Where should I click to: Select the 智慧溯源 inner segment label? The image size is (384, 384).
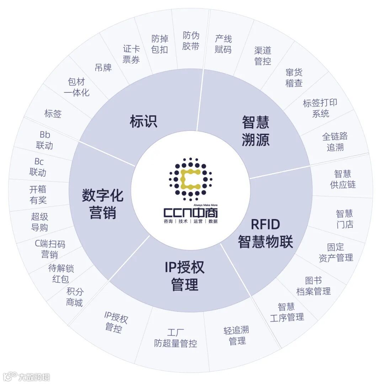point(255,130)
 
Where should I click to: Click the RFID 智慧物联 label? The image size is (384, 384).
point(265,233)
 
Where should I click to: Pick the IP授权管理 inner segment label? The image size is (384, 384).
point(185,276)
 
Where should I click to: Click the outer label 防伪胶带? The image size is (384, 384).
point(191,41)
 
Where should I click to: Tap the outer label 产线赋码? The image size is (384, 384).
point(223,44)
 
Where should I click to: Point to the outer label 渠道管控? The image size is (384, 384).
point(263,56)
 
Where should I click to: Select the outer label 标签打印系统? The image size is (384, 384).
point(320,108)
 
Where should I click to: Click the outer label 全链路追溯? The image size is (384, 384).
point(335,142)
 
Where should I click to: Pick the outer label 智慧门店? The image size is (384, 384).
point(345,219)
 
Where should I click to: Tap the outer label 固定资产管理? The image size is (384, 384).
point(336,252)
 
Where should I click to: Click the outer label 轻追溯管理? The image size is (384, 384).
point(236,335)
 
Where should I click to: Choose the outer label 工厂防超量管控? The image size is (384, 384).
point(176,338)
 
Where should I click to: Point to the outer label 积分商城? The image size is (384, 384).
point(74,297)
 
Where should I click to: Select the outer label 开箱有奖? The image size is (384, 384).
point(38,194)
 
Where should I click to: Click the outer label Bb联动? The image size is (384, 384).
point(44,140)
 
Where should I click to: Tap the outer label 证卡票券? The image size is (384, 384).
point(131,54)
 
